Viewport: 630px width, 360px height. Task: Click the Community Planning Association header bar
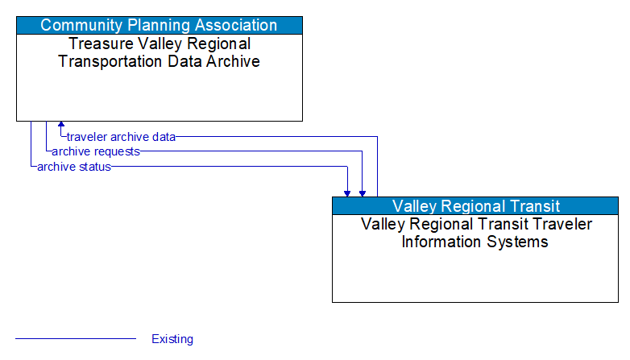point(159,25)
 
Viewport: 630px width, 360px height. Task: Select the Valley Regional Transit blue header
point(475,205)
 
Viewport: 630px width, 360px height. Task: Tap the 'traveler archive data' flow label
point(121,137)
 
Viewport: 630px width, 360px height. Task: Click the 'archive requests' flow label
point(96,151)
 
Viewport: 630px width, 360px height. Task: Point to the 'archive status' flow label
point(74,167)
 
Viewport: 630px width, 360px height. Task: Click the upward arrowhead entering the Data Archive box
point(61,126)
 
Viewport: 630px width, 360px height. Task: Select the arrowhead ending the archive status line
point(347,192)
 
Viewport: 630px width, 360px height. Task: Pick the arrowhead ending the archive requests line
point(363,192)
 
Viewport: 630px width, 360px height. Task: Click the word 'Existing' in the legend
point(172,339)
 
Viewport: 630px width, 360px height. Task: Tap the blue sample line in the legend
point(76,339)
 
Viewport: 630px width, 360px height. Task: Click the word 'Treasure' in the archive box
point(98,44)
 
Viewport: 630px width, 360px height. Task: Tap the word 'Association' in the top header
point(234,25)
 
